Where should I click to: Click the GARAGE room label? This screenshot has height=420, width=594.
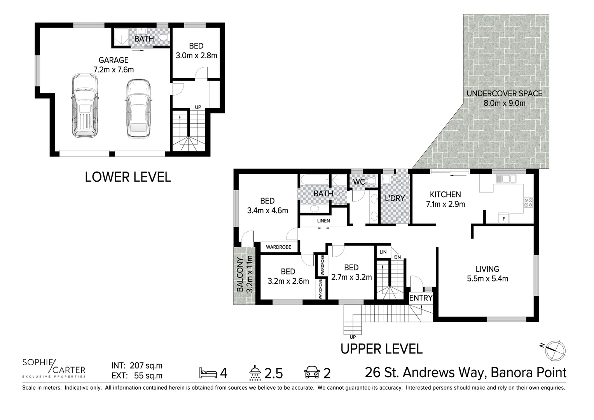(x=113, y=60)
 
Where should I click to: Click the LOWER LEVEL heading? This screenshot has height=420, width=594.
(x=128, y=177)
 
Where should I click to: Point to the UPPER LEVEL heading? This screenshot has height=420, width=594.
(x=381, y=349)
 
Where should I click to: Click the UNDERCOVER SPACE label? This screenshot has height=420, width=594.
(x=504, y=94)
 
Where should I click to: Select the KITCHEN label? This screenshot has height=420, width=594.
(x=445, y=194)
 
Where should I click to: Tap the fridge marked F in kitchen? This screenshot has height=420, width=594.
(x=504, y=219)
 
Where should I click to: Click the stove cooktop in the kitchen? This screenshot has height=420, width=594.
(x=529, y=202)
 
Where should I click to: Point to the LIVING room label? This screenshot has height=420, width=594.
(x=487, y=269)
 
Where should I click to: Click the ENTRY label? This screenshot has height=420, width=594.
(x=421, y=298)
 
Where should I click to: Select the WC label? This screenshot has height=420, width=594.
(x=359, y=182)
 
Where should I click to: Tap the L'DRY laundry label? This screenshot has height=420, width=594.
(x=395, y=198)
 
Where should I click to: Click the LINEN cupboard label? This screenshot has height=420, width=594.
(x=323, y=221)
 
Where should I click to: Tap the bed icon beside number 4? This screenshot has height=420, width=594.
(x=208, y=373)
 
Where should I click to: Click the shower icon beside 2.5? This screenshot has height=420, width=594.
(x=255, y=373)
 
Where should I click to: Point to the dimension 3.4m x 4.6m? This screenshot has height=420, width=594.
(x=267, y=211)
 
